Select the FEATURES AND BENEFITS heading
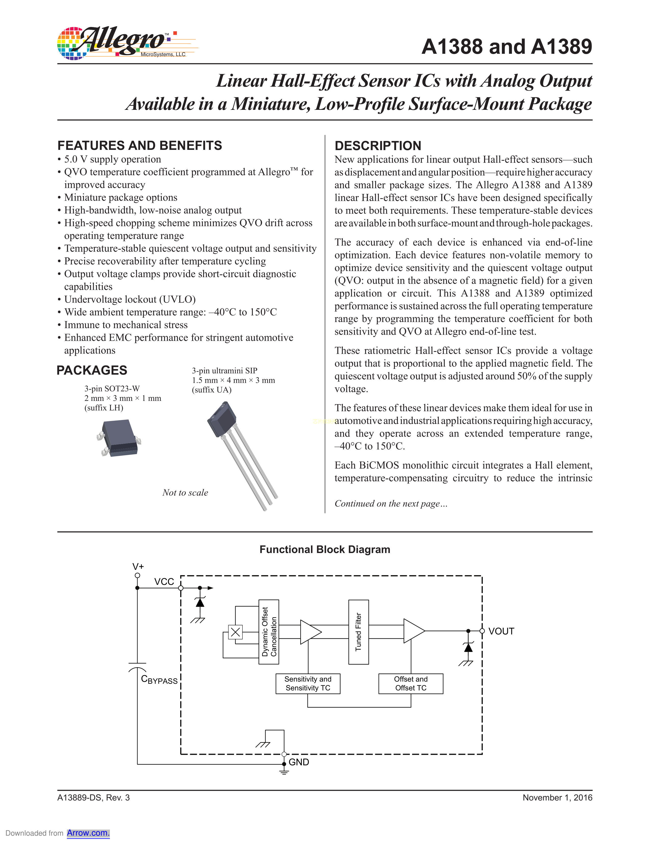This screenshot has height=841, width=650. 139,146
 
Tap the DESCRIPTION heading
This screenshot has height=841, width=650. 378,146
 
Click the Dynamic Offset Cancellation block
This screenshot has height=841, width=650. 269,632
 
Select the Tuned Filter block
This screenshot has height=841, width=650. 358,632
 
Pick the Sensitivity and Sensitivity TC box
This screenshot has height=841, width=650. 308,684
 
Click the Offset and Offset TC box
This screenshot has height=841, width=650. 410,684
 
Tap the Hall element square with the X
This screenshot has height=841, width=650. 235,632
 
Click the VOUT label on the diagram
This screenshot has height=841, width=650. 501,632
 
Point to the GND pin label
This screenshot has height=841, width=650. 299,762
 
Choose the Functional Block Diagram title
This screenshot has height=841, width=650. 324,549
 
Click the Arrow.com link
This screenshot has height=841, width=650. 88,833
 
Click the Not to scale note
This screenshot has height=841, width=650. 185,493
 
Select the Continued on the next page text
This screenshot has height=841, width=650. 391,504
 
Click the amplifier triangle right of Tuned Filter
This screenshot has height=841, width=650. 413,631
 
